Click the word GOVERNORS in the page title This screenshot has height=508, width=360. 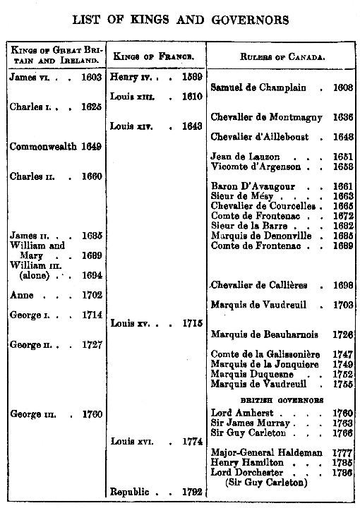(x=249, y=21)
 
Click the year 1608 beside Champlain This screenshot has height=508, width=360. (x=344, y=87)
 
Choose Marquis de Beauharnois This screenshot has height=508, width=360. (x=262, y=334)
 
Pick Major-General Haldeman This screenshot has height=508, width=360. (x=267, y=452)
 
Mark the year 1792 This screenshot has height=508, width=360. (x=192, y=491)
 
